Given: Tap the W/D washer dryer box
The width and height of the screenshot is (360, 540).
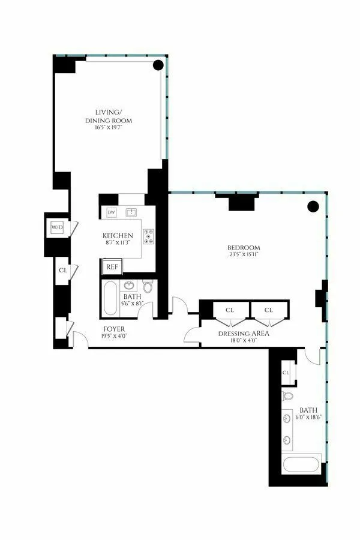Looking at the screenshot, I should tap(57, 227).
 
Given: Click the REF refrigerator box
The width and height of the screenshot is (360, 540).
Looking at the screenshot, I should tap(112, 266).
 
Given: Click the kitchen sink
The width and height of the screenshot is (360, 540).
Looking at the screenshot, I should tap(131, 212).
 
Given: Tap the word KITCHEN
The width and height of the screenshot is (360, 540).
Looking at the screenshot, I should tap(118, 236).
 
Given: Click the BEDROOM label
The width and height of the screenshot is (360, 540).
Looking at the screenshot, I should tap(244, 248).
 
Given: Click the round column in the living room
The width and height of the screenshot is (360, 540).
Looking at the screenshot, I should tap(158, 65).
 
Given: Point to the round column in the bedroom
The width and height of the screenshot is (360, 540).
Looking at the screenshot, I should tap(313, 207).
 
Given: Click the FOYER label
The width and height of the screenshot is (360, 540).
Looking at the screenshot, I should tap(114, 329).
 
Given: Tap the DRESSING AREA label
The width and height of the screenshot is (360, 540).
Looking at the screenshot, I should tap(243, 334).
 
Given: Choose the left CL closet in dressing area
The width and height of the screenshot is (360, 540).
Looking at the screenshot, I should tap(229, 310).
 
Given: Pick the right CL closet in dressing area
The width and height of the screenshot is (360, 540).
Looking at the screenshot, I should tap(269, 310).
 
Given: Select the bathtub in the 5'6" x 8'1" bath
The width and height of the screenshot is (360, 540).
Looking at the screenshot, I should tap(110, 298).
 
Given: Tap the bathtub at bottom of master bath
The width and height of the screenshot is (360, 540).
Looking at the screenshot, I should tap(301, 466).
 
